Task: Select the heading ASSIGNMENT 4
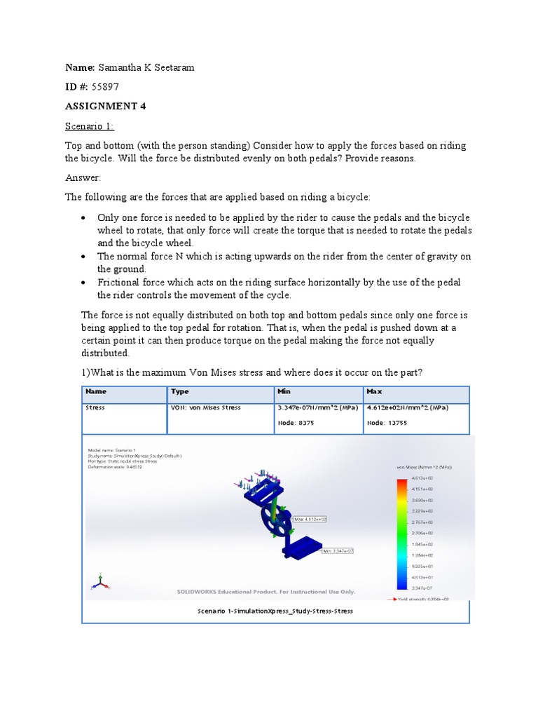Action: click(x=105, y=107)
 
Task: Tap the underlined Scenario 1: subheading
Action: click(x=90, y=126)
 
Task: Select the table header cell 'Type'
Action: click(x=180, y=392)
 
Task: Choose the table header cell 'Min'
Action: click(x=284, y=392)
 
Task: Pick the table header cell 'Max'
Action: click(x=373, y=392)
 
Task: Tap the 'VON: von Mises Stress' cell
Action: click(x=206, y=408)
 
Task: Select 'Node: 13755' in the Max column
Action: click(x=387, y=423)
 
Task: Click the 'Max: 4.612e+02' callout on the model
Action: click(x=310, y=519)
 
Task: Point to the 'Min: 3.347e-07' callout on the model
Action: click(x=338, y=551)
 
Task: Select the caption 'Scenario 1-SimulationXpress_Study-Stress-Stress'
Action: click(x=275, y=611)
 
